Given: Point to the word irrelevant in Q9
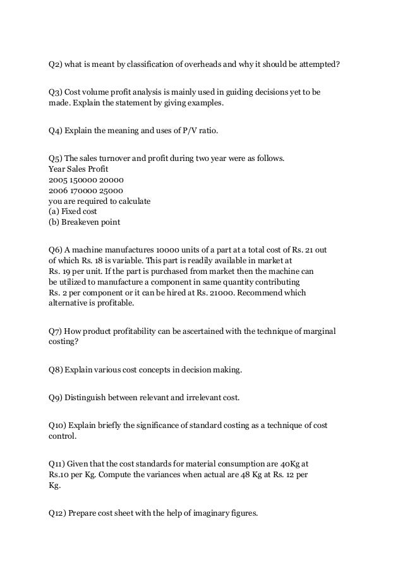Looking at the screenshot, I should tap(201, 398).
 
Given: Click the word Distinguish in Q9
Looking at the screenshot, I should tap(85, 398).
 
